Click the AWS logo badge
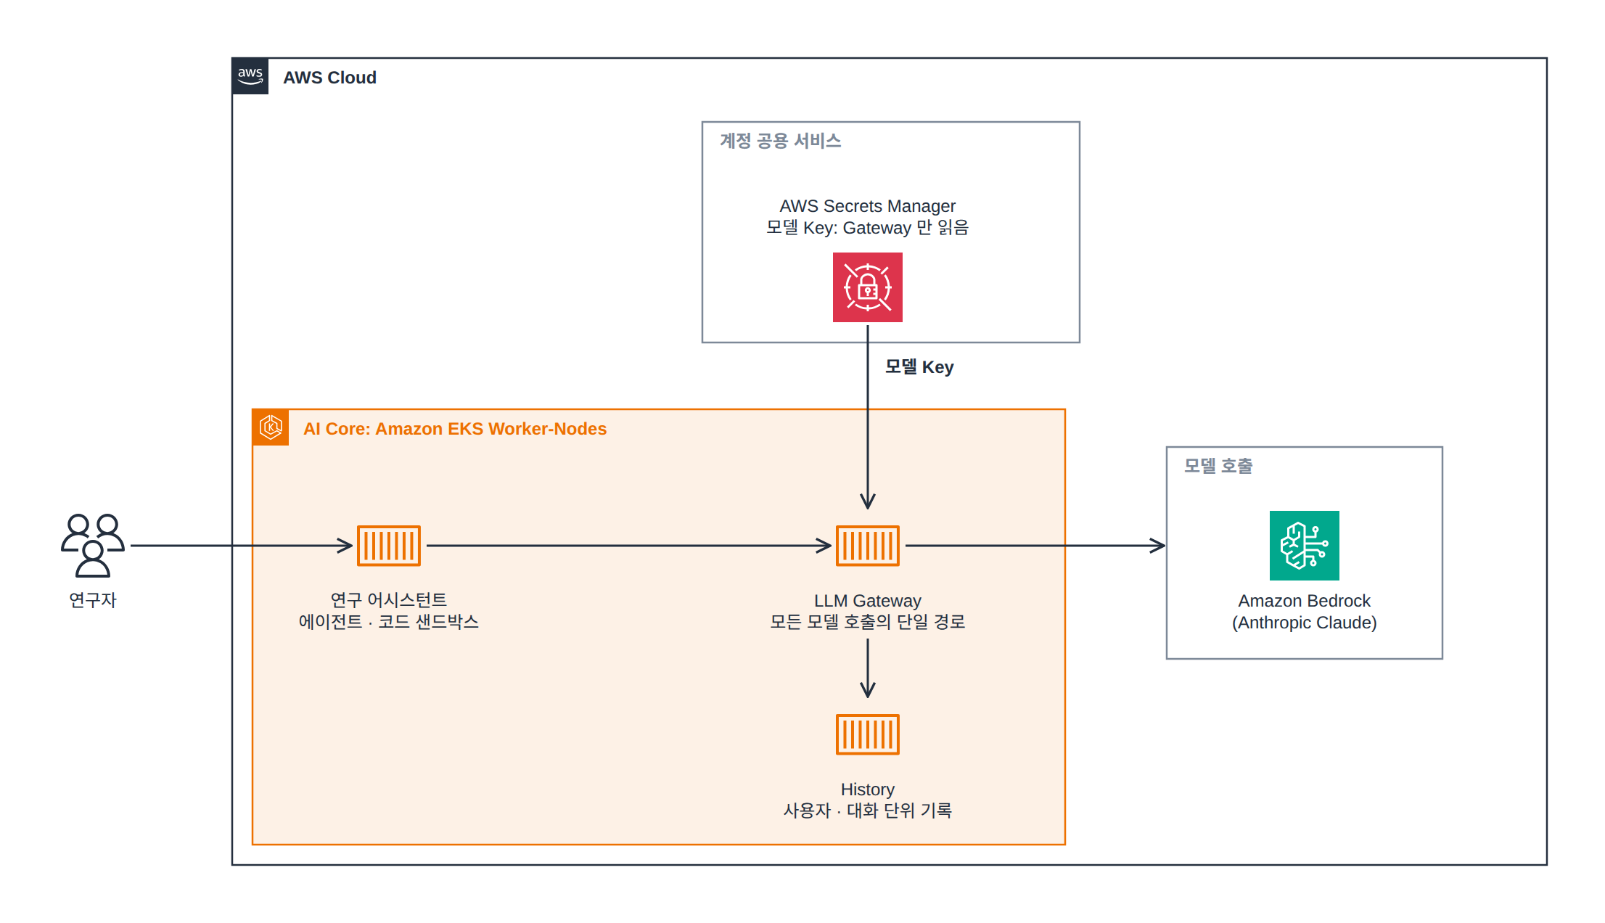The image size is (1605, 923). (250, 76)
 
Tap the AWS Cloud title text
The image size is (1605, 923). (329, 78)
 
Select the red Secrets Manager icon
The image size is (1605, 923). (868, 287)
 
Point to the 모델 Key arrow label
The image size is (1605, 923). (919, 367)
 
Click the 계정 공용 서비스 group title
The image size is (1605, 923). (781, 141)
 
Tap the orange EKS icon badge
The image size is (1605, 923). (271, 427)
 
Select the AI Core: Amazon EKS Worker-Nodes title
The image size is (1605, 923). (455, 429)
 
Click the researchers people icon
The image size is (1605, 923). (93, 546)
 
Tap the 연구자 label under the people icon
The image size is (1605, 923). (93, 600)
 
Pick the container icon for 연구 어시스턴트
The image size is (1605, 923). (389, 546)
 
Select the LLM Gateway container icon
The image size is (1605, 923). (868, 546)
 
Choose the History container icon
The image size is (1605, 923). (868, 734)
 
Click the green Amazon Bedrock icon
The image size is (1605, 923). (1305, 546)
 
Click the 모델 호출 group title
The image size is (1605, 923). (1218, 466)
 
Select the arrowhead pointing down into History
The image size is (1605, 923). (868, 689)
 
